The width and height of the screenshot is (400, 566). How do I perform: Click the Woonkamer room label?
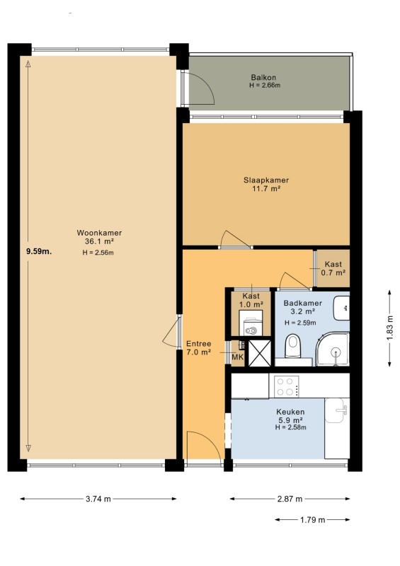click(x=99, y=233)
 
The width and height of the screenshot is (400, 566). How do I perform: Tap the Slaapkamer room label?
click(x=266, y=180)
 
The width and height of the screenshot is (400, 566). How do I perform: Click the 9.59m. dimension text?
click(x=39, y=252)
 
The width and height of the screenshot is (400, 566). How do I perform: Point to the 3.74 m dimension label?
click(x=98, y=499)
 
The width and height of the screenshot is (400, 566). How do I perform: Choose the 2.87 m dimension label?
click(x=290, y=499)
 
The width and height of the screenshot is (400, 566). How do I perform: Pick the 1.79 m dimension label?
click(x=312, y=520)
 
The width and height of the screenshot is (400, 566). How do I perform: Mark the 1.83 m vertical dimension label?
click(x=389, y=328)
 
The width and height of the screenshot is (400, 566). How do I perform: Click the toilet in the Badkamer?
click(x=292, y=345)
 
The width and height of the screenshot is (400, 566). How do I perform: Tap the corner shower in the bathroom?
click(x=333, y=350)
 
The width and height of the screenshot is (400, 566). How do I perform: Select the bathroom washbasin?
click(x=341, y=308)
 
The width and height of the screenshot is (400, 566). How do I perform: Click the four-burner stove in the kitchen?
click(x=287, y=386)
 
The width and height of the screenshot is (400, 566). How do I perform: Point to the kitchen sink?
click(x=337, y=410)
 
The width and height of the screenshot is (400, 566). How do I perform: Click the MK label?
click(x=237, y=357)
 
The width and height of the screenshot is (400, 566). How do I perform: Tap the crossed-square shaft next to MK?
click(x=259, y=353)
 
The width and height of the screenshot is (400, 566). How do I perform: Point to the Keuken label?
click(x=290, y=412)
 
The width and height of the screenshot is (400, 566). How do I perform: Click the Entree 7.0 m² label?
click(x=198, y=348)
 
